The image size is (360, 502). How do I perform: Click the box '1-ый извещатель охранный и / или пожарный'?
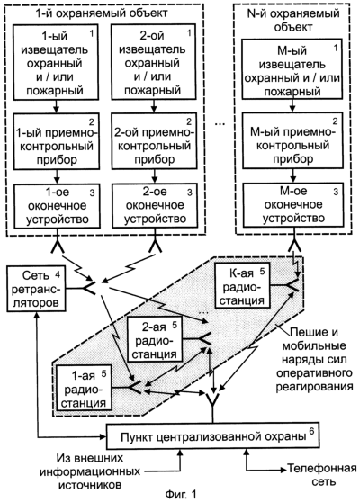[x=56, y=62]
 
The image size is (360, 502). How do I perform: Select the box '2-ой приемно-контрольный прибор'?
[x=154, y=141]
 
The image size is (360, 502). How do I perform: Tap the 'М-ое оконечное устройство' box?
[x=292, y=204]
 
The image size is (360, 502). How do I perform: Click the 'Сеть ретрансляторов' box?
[x=36, y=289]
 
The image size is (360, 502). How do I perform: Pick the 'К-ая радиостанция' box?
[x=243, y=285]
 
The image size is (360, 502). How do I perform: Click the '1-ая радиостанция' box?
[x=84, y=388]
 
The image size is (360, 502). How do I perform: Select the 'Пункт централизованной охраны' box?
[x=212, y=437]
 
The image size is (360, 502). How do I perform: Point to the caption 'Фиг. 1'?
[x=181, y=493]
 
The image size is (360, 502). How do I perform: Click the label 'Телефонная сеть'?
[x=321, y=474]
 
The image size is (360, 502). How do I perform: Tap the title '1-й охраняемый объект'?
[x=101, y=13]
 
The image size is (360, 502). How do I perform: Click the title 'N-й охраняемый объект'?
[x=293, y=20]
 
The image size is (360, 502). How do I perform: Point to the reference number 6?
[x=311, y=431]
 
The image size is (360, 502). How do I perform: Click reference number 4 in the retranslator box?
[x=58, y=274]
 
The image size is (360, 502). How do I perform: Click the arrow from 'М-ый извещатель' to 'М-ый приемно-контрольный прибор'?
[x=292, y=105]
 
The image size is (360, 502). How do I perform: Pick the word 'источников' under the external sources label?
[x=90, y=485]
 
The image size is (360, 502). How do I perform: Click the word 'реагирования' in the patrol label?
[x=314, y=387]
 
